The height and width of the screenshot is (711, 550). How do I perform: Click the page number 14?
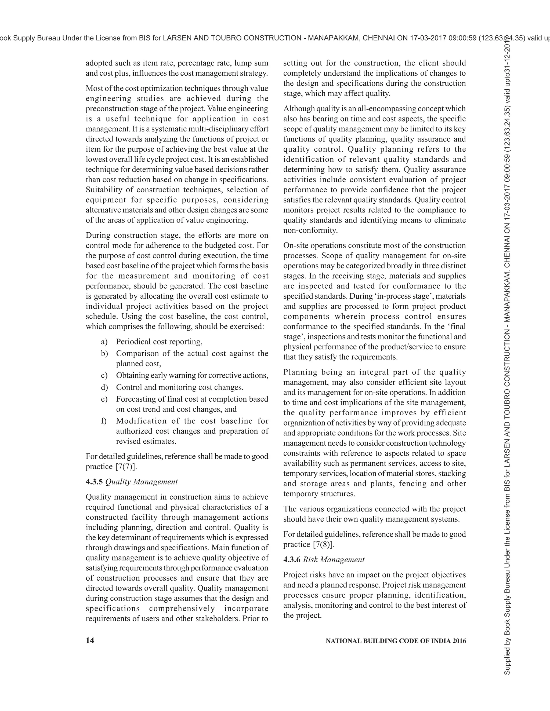pyautogui.click(x=90, y=640)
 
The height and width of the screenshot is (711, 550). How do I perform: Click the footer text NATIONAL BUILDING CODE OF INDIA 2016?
pyautogui.click(x=396, y=641)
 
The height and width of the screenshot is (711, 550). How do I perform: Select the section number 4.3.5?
pyautogui.click(x=95, y=482)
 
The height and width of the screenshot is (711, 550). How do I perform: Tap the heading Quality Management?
pyautogui.click(x=142, y=482)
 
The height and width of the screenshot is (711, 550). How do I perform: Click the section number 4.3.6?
pyautogui.click(x=292, y=559)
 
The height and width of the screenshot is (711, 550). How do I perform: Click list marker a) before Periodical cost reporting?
pyautogui.click(x=104, y=342)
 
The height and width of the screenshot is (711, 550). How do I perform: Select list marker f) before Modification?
pyautogui.click(x=104, y=421)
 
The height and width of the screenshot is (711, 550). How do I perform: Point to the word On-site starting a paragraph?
pyautogui.click(x=295, y=245)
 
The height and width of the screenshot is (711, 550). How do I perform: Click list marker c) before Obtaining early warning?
pyautogui.click(x=104, y=375)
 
